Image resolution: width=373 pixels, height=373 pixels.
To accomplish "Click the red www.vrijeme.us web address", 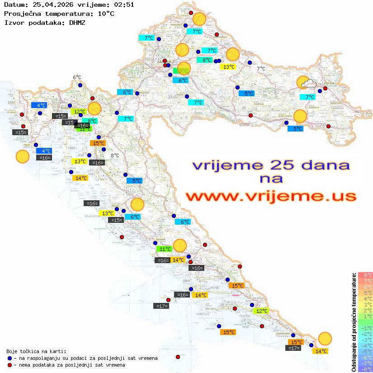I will point(270,196).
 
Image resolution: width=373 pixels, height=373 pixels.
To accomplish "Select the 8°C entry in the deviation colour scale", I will point(365,275).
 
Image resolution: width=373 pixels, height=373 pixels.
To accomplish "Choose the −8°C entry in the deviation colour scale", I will point(365,369).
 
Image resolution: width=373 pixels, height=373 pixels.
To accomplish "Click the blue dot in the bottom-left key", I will point(10,358).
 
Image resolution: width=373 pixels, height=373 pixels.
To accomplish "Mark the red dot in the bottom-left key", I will point(10,364).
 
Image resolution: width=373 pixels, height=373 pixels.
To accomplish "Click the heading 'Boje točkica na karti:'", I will point(36,351).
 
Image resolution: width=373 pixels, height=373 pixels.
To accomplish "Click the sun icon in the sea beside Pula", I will point(22,157).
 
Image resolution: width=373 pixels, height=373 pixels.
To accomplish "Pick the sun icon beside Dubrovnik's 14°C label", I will point(325,338).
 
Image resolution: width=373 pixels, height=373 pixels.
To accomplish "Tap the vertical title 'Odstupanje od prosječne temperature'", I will point(354,322).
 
